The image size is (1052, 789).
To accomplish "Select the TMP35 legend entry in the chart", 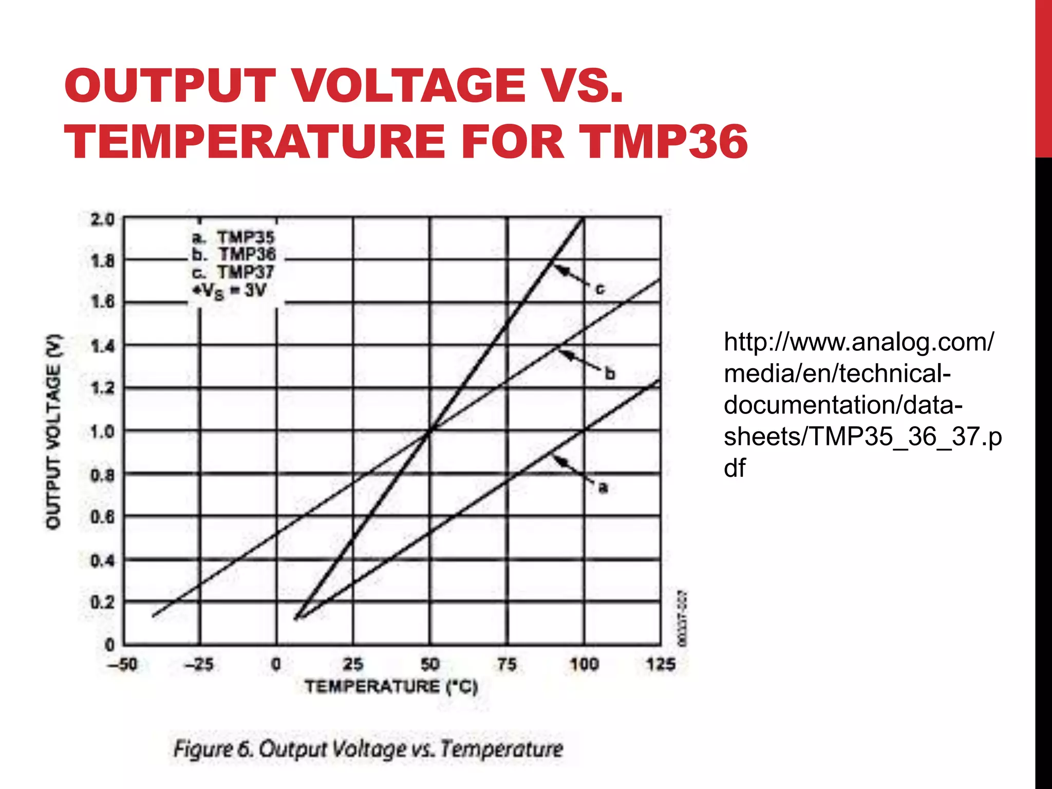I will [x=234, y=237].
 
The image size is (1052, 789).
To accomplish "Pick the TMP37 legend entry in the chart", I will [x=234, y=272].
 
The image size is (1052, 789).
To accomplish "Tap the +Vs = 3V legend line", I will [x=229, y=290].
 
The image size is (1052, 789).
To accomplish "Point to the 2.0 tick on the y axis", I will [x=102, y=220].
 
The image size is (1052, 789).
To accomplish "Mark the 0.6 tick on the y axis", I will [x=102, y=517].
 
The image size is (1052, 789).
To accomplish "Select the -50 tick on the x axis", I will [x=122, y=664].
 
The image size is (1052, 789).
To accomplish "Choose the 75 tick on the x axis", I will [x=506, y=664].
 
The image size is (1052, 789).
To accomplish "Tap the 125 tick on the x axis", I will [x=661, y=664].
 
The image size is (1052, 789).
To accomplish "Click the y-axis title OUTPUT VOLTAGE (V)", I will [x=53, y=431].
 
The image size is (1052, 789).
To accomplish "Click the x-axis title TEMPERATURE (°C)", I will [x=391, y=686].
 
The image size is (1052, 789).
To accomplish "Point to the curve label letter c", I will [x=599, y=290].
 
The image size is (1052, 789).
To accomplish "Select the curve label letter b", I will [x=610, y=373].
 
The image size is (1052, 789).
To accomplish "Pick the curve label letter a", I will [x=603, y=487].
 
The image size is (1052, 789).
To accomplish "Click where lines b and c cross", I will [x=430, y=430].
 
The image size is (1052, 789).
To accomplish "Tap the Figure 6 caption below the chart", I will [x=368, y=749].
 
